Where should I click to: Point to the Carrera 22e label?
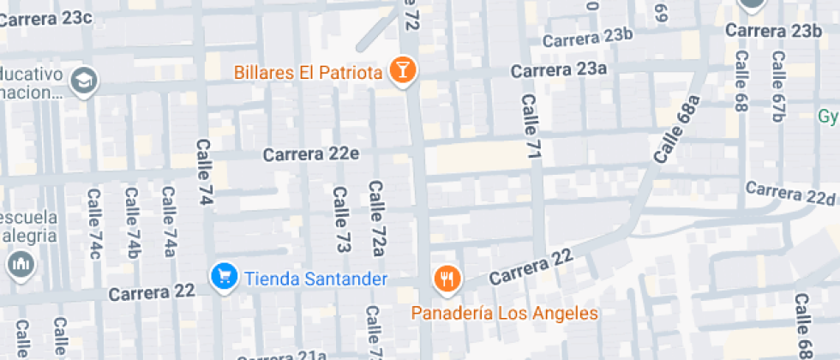[x=311, y=154]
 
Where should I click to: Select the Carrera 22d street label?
[x=790, y=194]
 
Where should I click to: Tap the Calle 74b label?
[x=132, y=224]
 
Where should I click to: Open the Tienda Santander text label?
[x=316, y=279]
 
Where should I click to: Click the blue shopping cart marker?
[x=224, y=277]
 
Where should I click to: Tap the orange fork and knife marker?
[x=447, y=278]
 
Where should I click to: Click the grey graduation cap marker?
[x=85, y=81]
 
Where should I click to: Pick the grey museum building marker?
[x=21, y=265]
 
